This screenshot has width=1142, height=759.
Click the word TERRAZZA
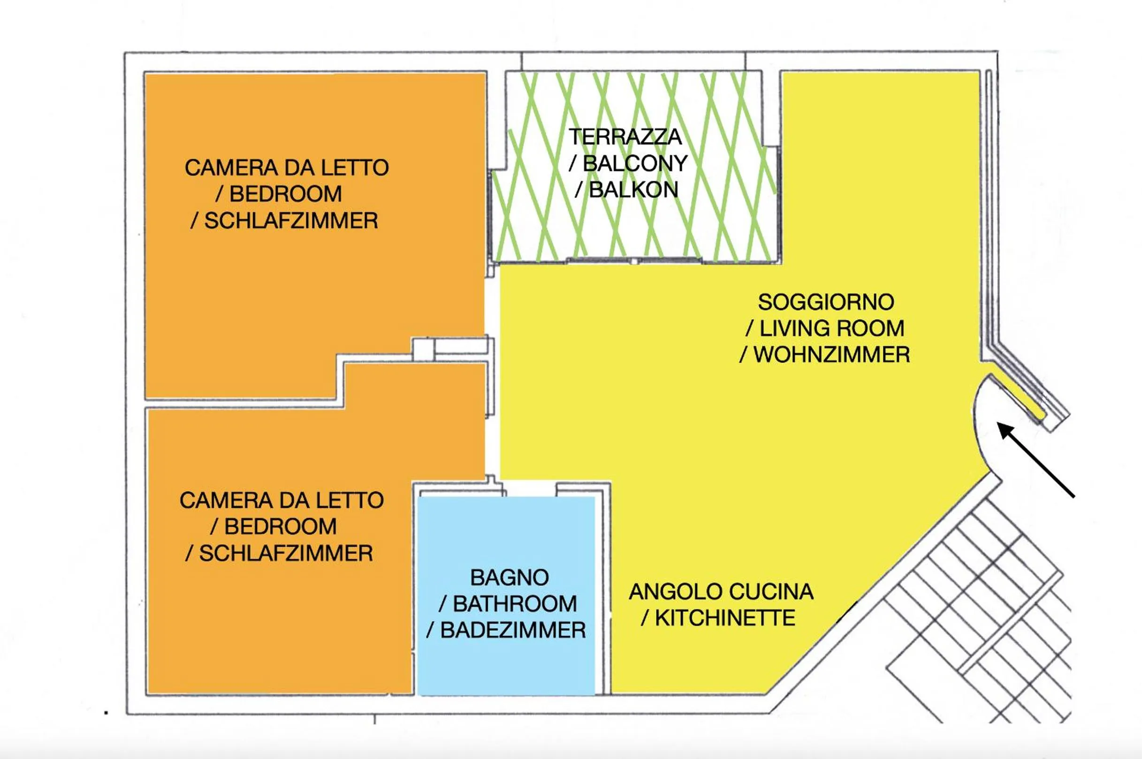[625, 137]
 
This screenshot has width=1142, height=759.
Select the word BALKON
[633, 190]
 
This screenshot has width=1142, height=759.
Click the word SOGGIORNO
[826, 302]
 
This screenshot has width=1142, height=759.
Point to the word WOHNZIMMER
[831, 355]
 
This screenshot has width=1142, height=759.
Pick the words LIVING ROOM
[831, 329]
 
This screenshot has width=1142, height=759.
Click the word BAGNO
[510, 578]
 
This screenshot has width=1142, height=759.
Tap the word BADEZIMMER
[512, 630]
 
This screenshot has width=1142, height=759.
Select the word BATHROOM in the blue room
[514, 604]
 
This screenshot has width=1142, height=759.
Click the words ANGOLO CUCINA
[721, 592]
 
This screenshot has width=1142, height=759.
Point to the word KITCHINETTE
[724, 618]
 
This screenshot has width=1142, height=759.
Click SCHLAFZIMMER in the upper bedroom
[290, 221]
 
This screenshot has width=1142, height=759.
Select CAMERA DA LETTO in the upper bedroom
[287, 168]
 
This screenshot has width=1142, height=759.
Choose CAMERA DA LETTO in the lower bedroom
[282, 501]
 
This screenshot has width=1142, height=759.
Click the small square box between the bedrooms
[423, 349]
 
